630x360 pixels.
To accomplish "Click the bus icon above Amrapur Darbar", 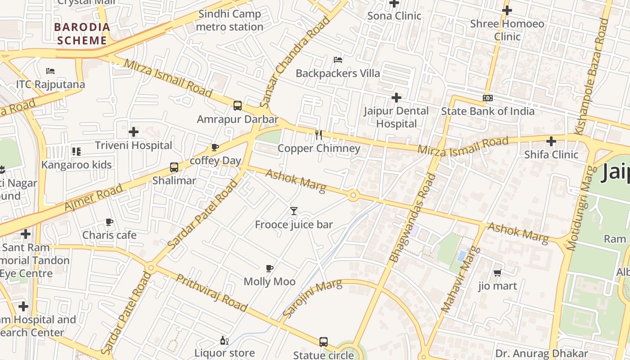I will point(238,106).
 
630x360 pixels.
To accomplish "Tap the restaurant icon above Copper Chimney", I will point(319,135).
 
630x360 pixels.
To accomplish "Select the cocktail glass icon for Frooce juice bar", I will point(294,211).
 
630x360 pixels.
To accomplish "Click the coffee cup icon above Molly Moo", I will point(270,268).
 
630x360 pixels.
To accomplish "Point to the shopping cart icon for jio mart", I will point(497,273).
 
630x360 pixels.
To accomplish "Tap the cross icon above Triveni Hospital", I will point(134,132).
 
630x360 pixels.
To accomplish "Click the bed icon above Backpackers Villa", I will point(338,60).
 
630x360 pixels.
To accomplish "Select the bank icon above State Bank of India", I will point(487,98).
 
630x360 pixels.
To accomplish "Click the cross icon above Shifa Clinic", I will point(551,141).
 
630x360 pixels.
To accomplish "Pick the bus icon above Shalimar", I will point(174,167).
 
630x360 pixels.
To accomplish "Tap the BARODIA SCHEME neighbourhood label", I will point(82,34).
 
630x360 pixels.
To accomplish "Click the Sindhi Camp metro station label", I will point(229,20).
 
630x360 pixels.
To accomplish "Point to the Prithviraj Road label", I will point(211,293).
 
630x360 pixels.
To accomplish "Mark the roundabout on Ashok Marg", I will point(353,195).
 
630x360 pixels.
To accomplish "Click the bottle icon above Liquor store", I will point(225,340).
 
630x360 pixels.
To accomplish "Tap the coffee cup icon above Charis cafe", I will point(109,222).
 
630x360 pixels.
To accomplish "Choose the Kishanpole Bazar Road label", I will point(591,76).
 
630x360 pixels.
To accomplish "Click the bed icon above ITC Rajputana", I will point(50,71).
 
